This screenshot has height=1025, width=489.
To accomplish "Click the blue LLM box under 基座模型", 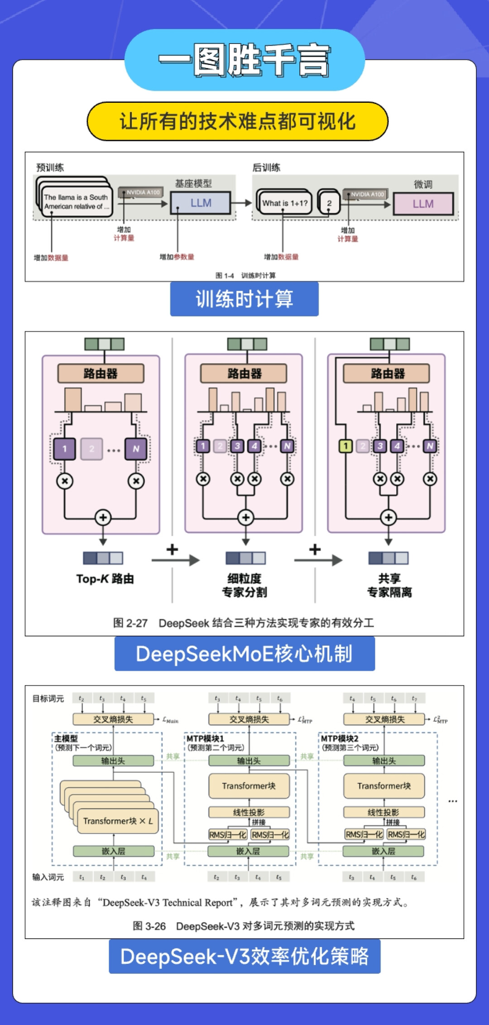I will tap(201, 203).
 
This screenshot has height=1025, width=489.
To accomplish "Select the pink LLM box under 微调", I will tap(423, 204).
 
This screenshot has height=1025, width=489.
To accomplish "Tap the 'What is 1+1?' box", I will tap(284, 203).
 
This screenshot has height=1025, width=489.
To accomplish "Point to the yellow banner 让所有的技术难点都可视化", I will tap(238, 121).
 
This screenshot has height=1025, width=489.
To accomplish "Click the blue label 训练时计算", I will tap(244, 299).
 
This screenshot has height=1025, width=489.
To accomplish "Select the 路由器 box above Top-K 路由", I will tap(101, 374).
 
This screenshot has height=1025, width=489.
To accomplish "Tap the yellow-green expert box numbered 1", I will tap(345, 446).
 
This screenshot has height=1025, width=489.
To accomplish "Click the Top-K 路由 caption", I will tap(105, 579).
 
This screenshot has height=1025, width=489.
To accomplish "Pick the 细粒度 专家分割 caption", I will tap(244, 585).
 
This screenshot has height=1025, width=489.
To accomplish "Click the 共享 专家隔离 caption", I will tap(389, 585).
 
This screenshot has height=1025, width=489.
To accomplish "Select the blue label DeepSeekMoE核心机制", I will tap(244, 654).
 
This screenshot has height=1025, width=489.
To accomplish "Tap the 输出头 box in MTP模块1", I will tap(249, 761).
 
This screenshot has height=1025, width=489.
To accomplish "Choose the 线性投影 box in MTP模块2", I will tap(384, 812).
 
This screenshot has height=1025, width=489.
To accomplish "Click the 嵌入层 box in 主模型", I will tap(113, 851).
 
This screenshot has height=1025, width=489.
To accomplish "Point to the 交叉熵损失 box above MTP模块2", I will tap(384, 719).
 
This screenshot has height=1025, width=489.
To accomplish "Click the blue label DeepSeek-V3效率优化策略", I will tap(244, 956).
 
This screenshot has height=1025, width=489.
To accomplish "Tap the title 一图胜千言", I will tap(244, 60).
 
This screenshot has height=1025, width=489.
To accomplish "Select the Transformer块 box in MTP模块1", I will tap(249, 786).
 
